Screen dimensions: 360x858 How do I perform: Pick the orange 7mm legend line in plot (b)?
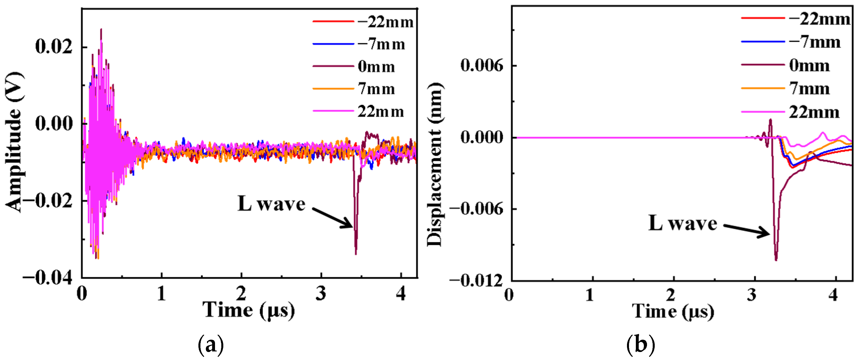click(x=763, y=88)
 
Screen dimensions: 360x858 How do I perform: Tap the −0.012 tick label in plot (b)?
click(x=476, y=281)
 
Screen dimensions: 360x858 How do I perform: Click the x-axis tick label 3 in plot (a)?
click(x=321, y=293)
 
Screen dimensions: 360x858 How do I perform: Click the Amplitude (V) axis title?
click(x=14, y=142)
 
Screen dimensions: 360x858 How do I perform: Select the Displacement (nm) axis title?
click(x=435, y=165)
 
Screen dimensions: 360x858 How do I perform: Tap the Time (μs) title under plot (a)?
click(x=248, y=310)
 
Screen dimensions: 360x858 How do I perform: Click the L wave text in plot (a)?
click(x=271, y=204)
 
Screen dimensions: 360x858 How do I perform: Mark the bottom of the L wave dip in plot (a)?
click(x=356, y=254)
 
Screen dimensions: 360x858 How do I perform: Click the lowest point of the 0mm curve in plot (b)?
click(x=776, y=260)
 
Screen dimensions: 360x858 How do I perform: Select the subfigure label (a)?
click(x=210, y=345)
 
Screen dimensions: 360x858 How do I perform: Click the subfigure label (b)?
click(x=640, y=345)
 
